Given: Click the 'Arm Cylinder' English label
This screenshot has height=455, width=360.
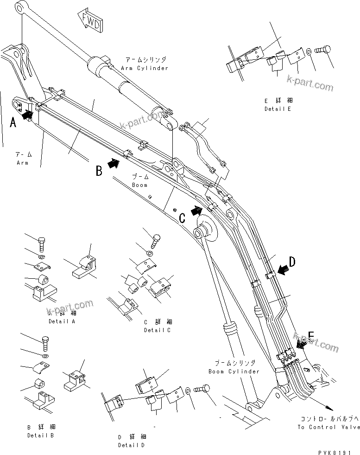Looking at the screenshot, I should (x=145, y=68).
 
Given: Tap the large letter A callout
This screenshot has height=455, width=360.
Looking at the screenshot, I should (x=13, y=122).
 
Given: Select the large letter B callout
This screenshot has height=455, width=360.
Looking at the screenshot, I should (x=99, y=171).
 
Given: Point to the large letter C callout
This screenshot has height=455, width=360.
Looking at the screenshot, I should (x=183, y=217).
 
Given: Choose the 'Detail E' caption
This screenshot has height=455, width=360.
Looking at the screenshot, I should (x=278, y=109).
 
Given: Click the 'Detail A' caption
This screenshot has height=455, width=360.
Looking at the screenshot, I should (x=62, y=321).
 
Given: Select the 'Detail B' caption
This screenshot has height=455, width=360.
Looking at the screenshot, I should (x=41, y=436).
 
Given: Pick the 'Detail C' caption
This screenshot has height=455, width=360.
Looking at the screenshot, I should (x=157, y=330).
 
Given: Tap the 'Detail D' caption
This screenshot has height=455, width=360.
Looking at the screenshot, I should (x=132, y=445).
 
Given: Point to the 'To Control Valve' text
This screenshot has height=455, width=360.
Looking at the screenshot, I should (x=328, y=427).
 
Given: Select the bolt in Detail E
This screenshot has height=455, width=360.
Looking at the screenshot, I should (x=323, y=51).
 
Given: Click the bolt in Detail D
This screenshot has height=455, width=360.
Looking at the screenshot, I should (x=202, y=389).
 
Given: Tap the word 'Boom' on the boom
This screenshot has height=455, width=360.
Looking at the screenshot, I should (x=139, y=185).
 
